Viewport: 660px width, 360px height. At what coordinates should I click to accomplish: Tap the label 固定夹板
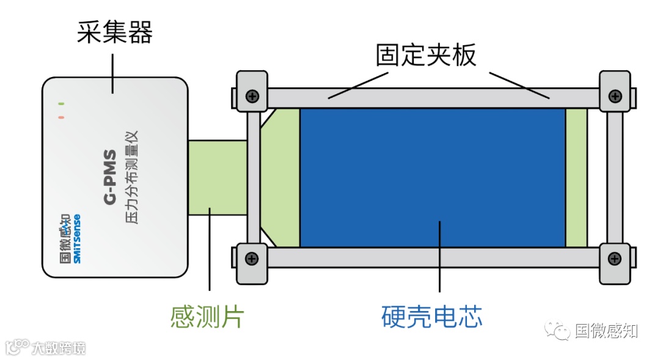pyautogui.click(x=425, y=56)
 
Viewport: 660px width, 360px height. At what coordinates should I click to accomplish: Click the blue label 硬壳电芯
pyautogui.click(x=431, y=317)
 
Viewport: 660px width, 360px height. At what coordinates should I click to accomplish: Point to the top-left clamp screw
pyautogui.click(x=252, y=96)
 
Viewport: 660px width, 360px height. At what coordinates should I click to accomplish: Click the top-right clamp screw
pyautogui.click(x=615, y=96)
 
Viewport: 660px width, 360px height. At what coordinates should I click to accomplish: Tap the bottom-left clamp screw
pyautogui.click(x=252, y=259)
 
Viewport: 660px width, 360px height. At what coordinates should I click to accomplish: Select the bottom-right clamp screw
pyautogui.click(x=615, y=259)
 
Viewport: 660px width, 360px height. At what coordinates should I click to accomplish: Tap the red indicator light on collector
pyautogui.click(x=61, y=117)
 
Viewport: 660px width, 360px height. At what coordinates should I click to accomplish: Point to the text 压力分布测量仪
pyautogui.click(x=133, y=177)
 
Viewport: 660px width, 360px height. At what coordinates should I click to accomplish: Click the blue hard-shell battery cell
pyautogui.click(x=432, y=177)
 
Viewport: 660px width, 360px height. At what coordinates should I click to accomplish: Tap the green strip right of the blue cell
pyautogui.click(x=576, y=177)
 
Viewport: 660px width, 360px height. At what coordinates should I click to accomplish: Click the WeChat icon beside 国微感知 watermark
pyautogui.click(x=560, y=331)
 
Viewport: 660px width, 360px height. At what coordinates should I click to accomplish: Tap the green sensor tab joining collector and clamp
pyautogui.click(x=217, y=177)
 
